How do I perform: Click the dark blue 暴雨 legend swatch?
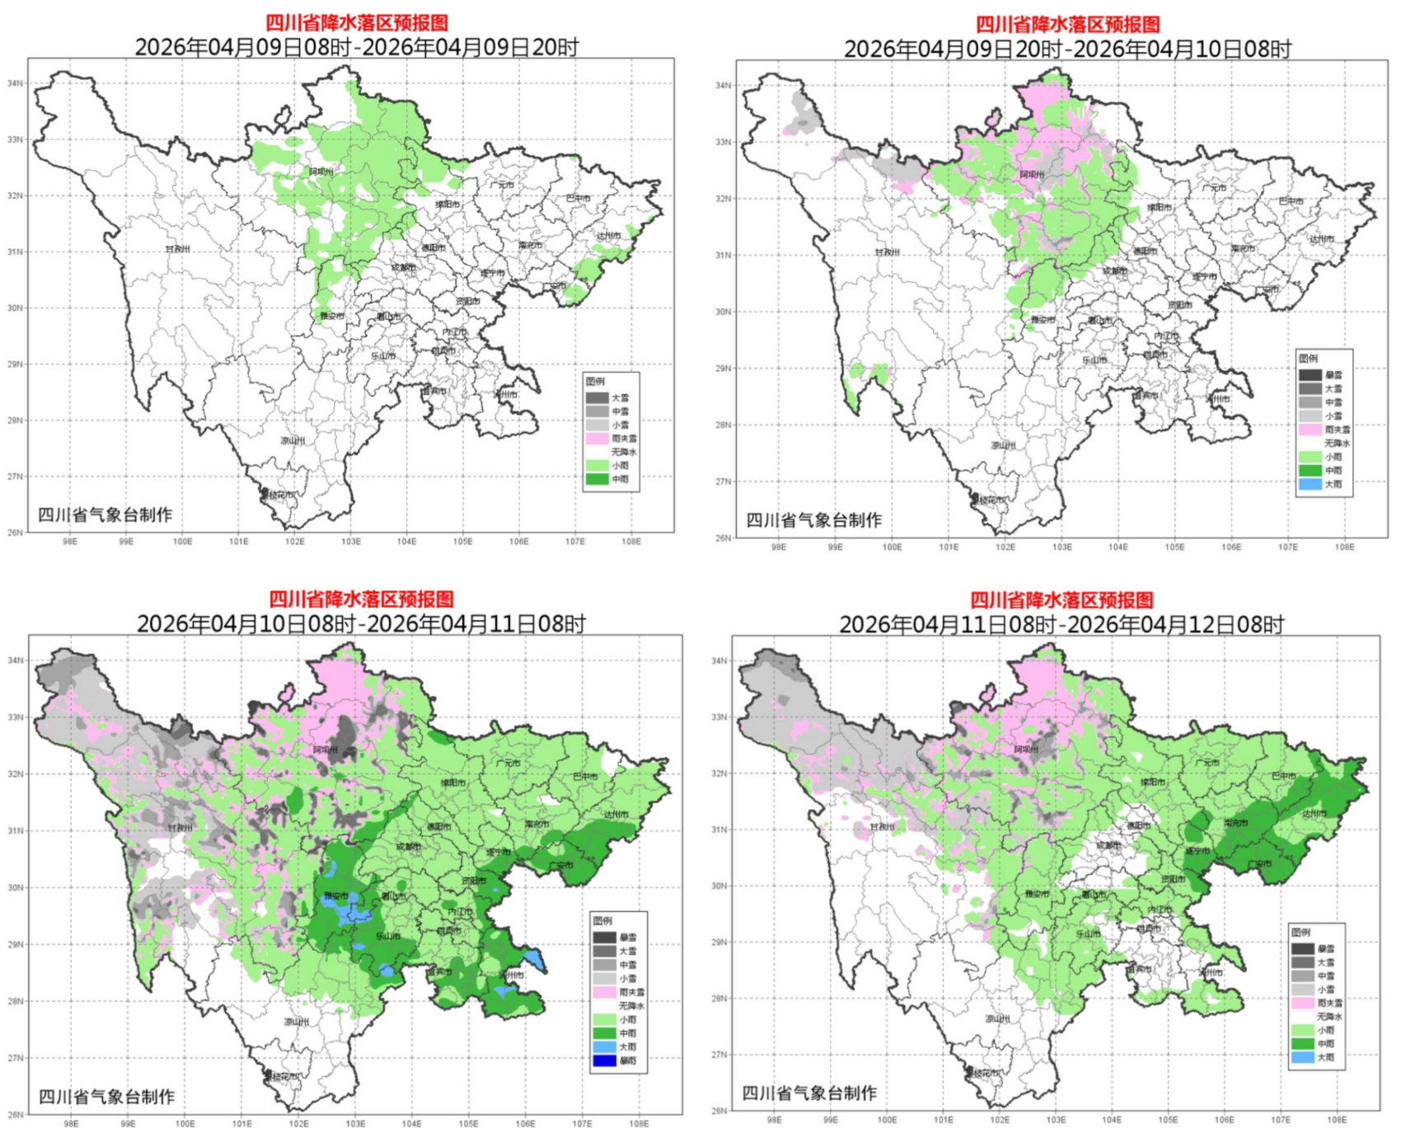(604, 1060)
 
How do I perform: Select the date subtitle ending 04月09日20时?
(356, 47)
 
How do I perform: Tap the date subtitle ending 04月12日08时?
(1061, 624)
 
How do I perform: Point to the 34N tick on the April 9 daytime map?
(15, 83)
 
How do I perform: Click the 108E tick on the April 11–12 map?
(1337, 1120)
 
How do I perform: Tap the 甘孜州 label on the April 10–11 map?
(179, 827)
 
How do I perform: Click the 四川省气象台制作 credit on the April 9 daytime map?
(105, 515)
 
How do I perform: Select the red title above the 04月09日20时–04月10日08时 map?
(1067, 24)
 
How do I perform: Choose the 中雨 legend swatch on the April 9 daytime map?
(597, 479)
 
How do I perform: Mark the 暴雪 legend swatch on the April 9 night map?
(1310, 375)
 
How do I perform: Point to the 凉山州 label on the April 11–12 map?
(997, 1018)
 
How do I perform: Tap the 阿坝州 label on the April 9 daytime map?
(321, 172)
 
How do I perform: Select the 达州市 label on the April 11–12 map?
(1314, 813)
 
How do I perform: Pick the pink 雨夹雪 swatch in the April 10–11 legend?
(604, 992)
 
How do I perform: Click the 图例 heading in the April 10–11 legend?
(602, 920)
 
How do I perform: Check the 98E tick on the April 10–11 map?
(71, 1123)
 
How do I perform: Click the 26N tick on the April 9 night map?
(723, 538)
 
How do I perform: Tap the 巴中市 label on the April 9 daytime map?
(578, 198)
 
